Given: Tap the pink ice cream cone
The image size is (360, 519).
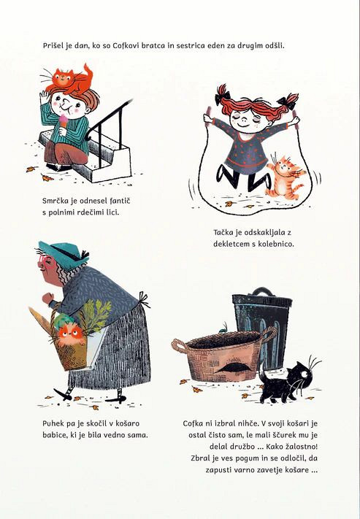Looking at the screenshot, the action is (x=64, y=123).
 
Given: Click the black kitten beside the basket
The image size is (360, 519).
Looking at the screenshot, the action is (x=288, y=381).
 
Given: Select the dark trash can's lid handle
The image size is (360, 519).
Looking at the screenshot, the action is (x=262, y=291).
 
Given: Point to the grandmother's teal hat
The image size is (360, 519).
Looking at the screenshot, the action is (x=62, y=254).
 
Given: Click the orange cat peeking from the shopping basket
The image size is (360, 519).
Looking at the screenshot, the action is (x=70, y=334).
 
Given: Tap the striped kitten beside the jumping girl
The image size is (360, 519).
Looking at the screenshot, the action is (x=286, y=177).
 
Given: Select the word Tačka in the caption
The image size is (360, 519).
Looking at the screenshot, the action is (x=223, y=232).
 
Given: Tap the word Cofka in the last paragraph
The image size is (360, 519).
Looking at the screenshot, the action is (x=194, y=423).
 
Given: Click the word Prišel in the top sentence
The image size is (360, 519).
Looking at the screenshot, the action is (x=53, y=46).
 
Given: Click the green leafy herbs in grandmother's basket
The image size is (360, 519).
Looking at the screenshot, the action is (x=96, y=315).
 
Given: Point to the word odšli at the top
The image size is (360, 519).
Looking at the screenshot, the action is (x=275, y=46).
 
